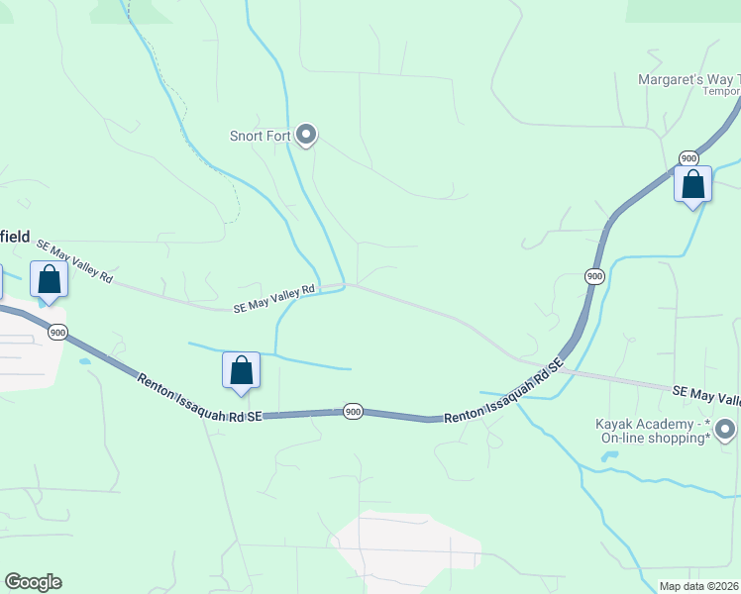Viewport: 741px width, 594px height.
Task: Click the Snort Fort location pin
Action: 306,134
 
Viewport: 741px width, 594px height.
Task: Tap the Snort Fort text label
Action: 260,136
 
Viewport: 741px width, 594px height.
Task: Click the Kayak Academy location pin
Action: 725,429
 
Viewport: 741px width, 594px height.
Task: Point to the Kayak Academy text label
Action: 654,431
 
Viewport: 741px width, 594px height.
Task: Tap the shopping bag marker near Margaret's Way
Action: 692,185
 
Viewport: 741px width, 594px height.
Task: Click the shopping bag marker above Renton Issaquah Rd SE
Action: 241,371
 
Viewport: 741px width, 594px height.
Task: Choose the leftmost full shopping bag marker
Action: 49,280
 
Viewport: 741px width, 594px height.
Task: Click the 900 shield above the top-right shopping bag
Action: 688,158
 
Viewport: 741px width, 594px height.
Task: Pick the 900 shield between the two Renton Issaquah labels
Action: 352,411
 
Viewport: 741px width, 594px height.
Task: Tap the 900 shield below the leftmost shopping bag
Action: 57,332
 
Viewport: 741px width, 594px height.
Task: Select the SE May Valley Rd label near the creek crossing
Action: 273,298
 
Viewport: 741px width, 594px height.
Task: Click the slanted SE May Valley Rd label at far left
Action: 74,261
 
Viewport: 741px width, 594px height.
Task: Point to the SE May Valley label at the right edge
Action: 706,396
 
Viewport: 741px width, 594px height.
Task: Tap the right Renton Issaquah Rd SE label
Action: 503,392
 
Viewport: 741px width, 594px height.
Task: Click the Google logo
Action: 33,582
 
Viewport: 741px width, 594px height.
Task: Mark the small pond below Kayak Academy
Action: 609,457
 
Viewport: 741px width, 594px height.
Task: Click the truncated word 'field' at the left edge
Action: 15,236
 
